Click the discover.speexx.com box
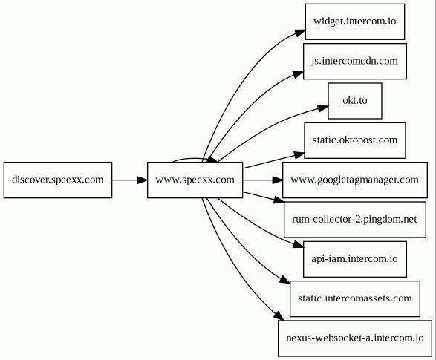click(58, 180)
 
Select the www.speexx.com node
click(195, 180)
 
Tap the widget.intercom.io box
click(355, 22)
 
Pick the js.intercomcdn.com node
click(355, 61)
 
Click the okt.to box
click(355, 101)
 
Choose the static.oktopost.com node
click(355, 140)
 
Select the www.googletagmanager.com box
click(355, 180)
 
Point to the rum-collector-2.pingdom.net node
click(355, 220)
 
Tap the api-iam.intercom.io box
click(355, 259)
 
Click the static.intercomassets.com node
click(355, 299)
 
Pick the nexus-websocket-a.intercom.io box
click(355, 338)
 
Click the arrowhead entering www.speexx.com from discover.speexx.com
click(142, 180)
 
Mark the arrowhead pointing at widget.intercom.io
click(300, 32)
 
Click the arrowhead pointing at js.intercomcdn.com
click(299, 74)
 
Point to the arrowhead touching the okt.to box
click(323, 108)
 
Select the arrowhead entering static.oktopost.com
click(299, 154)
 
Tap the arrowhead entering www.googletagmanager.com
click(278, 180)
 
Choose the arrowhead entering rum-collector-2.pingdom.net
click(279, 200)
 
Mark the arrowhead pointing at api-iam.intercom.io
click(298, 245)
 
